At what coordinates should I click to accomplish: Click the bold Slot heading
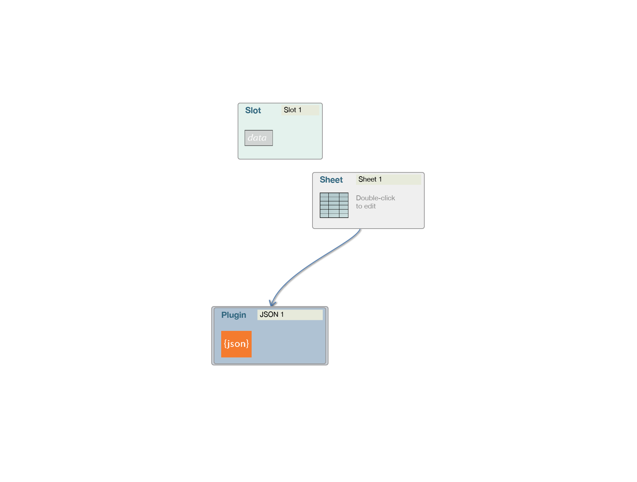pyautogui.click(x=253, y=110)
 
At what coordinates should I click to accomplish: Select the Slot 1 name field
pyautogui.click(x=300, y=110)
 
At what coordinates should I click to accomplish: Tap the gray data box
pyautogui.click(x=259, y=138)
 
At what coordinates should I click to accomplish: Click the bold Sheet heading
pyautogui.click(x=331, y=180)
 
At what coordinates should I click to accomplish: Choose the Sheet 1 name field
pyautogui.click(x=389, y=179)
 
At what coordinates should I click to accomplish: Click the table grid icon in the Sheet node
pyautogui.click(x=334, y=205)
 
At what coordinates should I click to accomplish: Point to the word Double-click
pyautogui.click(x=375, y=198)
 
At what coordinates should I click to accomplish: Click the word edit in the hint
pyautogui.click(x=370, y=206)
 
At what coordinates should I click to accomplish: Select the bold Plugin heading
pyautogui.click(x=234, y=315)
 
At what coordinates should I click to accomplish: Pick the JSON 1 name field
pyautogui.click(x=290, y=315)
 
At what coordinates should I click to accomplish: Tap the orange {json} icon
pyautogui.click(x=236, y=344)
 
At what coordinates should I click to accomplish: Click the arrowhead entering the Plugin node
pyautogui.click(x=272, y=304)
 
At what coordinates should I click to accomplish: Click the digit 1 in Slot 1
pyautogui.click(x=300, y=110)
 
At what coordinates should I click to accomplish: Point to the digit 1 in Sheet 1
pyautogui.click(x=380, y=179)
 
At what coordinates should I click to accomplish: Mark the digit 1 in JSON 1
pyautogui.click(x=282, y=315)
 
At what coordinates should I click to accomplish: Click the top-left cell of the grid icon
pyautogui.click(x=324, y=195)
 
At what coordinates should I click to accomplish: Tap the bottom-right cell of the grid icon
pyautogui.click(x=344, y=216)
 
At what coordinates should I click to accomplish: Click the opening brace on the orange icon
pyautogui.click(x=225, y=344)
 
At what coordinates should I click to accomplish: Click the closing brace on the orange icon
pyautogui.click(x=247, y=344)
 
